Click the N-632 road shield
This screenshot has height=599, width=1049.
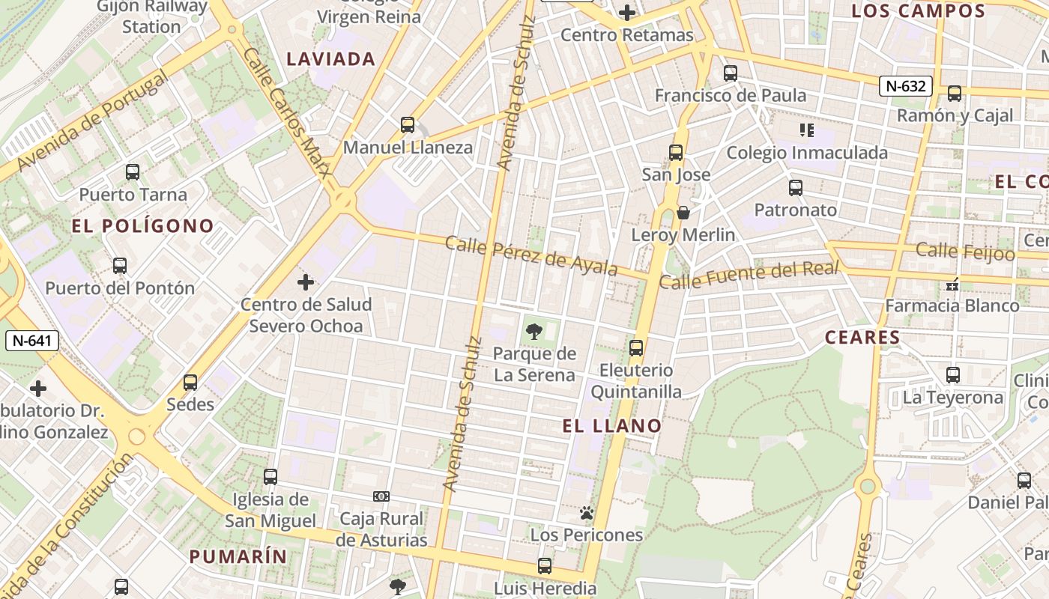tap(905, 86)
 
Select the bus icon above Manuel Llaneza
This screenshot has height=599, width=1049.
tap(408, 124)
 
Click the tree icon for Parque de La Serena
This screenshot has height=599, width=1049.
tap(534, 331)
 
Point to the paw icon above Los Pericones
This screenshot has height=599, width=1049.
tap(587, 513)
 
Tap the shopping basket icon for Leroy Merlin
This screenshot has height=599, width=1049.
tap(683, 213)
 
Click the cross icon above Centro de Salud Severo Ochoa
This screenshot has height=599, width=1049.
tap(306, 282)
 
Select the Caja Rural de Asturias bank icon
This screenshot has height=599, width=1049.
tap(381, 496)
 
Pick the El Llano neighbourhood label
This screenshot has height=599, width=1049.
tap(612, 426)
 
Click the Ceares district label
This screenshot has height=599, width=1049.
tap(862, 338)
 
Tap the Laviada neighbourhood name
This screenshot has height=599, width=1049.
tap(331, 59)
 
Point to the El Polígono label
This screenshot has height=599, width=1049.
tap(142, 226)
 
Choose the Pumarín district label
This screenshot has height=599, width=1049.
tap(238, 556)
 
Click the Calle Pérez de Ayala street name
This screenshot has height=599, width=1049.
tap(531, 255)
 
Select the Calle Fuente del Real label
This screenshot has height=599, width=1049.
tap(748, 274)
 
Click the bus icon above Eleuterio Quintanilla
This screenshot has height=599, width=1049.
tap(636, 348)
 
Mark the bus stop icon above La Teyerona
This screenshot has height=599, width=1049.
tap(953, 374)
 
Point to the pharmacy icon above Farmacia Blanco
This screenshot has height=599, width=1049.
tap(953, 284)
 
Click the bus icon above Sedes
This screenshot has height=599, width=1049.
tap(190, 383)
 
